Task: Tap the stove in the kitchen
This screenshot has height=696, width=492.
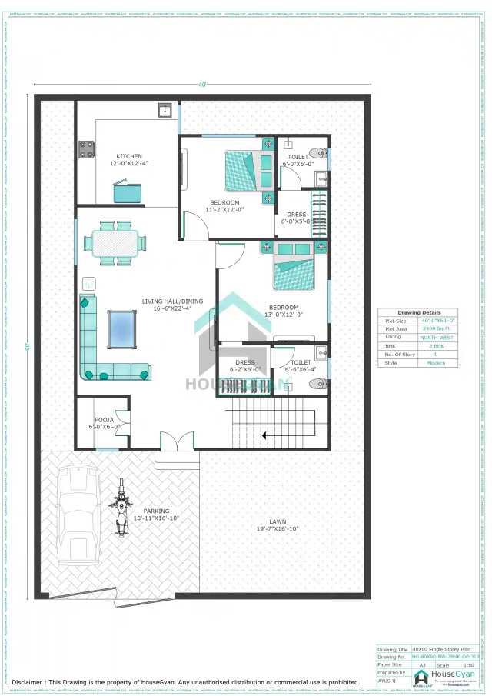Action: click(85, 149)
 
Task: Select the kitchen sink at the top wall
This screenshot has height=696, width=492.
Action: click(165, 111)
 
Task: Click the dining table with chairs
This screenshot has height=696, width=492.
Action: click(114, 243)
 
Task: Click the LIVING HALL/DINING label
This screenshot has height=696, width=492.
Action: click(172, 301)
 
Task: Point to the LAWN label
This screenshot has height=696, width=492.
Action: click(278, 522)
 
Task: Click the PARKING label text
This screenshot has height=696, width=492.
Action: click(156, 511)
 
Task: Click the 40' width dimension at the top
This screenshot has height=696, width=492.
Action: click(202, 85)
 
